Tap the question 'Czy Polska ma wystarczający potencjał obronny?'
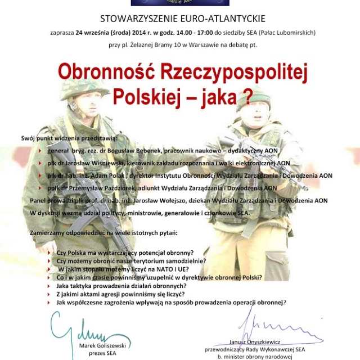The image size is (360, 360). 125,253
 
